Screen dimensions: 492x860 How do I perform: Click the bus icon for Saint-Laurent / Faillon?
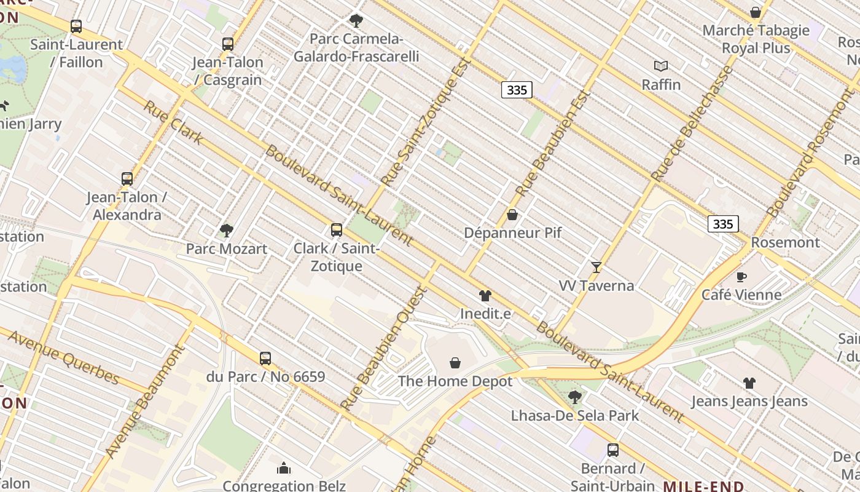pos(76,26)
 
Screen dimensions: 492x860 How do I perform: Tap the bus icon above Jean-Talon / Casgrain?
pos(228,44)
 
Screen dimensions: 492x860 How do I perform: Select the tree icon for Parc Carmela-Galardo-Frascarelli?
pos(356,21)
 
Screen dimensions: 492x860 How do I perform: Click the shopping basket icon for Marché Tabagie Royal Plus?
pos(756,12)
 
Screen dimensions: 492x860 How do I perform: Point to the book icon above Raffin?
pos(661,66)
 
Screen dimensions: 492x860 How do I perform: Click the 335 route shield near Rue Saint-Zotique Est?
pos(517,90)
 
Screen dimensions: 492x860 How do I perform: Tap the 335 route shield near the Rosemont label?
pos(722,224)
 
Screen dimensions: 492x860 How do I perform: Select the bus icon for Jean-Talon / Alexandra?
pos(127,179)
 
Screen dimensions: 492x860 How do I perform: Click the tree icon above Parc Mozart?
pos(226,231)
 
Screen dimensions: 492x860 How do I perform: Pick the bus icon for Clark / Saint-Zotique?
pos(336,230)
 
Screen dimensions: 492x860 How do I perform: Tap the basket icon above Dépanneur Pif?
pos(512,215)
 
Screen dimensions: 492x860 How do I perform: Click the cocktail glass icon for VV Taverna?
pos(596,268)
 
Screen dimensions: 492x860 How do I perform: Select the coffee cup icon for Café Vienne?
pos(741,277)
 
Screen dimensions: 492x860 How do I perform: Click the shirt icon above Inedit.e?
pos(485,296)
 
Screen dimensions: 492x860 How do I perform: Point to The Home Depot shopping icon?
pos(455,363)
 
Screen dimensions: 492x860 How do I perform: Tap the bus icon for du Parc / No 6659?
pos(265,358)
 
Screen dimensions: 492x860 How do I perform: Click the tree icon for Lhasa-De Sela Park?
pos(575,397)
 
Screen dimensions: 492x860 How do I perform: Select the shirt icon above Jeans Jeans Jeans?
pos(749,383)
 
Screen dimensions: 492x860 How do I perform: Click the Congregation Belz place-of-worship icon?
pos(284,469)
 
